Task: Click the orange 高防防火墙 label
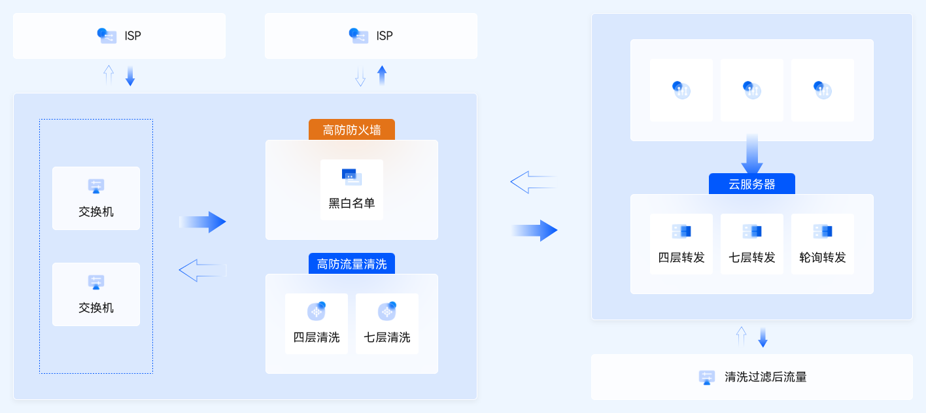pyautogui.click(x=352, y=129)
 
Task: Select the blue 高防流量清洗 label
pyautogui.click(x=352, y=264)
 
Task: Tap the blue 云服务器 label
pyautogui.click(x=752, y=184)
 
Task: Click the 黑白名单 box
pyautogui.click(x=352, y=190)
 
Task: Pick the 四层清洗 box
pyautogui.click(x=317, y=323)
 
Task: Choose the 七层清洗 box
pyautogui.click(x=387, y=323)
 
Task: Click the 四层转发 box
pyautogui.click(x=681, y=244)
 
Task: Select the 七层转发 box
pyautogui.click(x=752, y=244)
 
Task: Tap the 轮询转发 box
pyautogui.click(x=823, y=244)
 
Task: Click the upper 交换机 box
pyautogui.click(x=96, y=198)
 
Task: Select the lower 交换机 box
pyautogui.click(x=96, y=294)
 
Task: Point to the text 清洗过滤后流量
pyautogui.click(x=766, y=377)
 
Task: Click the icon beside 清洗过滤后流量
pyautogui.click(x=707, y=377)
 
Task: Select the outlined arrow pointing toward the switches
pyautogui.click(x=202, y=270)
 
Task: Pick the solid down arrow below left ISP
pyautogui.click(x=130, y=76)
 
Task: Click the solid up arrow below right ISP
pyautogui.click(x=382, y=76)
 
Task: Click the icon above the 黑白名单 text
pyautogui.click(x=352, y=176)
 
